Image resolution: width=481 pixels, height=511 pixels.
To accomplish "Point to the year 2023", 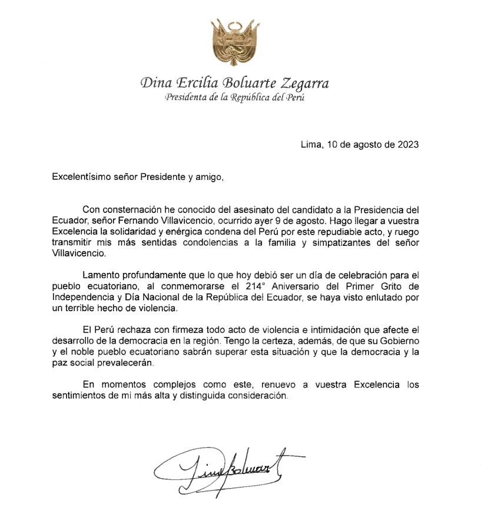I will pos(409,145).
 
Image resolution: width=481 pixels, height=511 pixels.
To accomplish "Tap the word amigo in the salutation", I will pos(210,176).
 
